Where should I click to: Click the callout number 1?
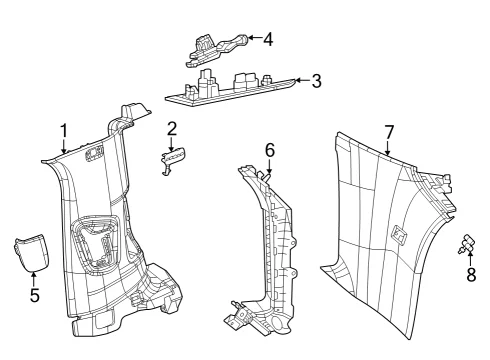(x=64, y=131)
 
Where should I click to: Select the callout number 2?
(x=172, y=129)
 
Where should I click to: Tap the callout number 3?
(x=317, y=81)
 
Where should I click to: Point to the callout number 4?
(x=268, y=39)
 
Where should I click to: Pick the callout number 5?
(x=35, y=295)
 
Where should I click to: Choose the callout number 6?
(x=270, y=150)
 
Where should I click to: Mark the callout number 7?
(x=389, y=132)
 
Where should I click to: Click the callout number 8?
(x=471, y=275)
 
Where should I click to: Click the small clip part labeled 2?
(x=173, y=160)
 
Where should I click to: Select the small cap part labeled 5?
(x=32, y=252)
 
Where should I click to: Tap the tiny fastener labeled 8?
(x=467, y=245)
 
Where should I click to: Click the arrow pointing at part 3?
(x=302, y=80)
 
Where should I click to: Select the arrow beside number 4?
(x=254, y=38)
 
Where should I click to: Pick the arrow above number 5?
(x=34, y=279)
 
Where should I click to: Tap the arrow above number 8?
(x=470, y=259)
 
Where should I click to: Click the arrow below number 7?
(x=387, y=148)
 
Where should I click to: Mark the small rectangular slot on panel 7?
(x=399, y=234)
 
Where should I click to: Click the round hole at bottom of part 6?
(x=277, y=323)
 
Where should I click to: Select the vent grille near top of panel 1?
(x=94, y=154)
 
